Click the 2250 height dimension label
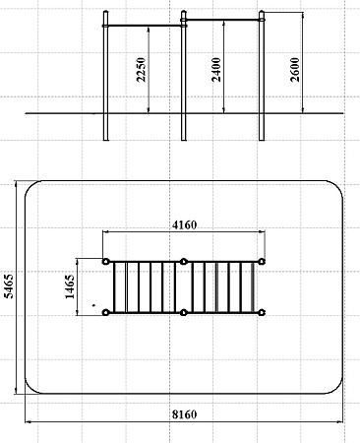(x=142, y=70)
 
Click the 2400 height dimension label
(x=216, y=70)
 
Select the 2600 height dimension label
(x=295, y=70)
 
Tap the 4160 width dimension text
(x=185, y=225)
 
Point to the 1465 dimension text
(x=70, y=286)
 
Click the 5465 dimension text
(x=9, y=286)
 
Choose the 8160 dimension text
(x=185, y=414)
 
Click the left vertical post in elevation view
(x=105, y=76)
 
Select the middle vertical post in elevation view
(x=184, y=76)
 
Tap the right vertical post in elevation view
(x=262, y=76)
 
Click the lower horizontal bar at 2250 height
(x=145, y=26)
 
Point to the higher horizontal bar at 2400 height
(x=222, y=20)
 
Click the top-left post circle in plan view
(x=105, y=262)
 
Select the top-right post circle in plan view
(x=262, y=262)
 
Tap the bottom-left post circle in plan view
(x=105, y=312)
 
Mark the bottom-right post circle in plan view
(x=262, y=312)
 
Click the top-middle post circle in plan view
(x=184, y=262)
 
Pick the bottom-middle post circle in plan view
(x=184, y=312)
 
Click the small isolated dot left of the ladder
(x=93, y=305)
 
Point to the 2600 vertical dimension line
(x=303, y=63)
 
